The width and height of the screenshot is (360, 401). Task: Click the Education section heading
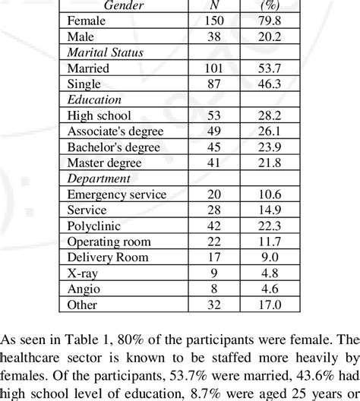[x=94, y=99]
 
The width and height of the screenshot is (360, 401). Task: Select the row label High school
[x=99, y=115]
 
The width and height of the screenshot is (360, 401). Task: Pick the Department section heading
[x=99, y=178]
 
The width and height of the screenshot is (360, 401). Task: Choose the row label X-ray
[x=82, y=273]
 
